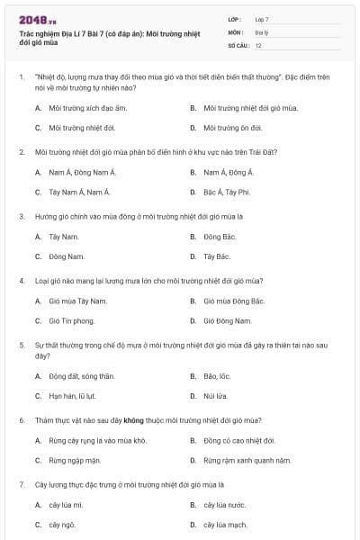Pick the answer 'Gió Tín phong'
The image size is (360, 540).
click(x=72, y=320)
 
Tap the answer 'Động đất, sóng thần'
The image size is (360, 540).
click(x=81, y=375)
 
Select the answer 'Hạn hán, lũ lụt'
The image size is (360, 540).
click(x=74, y=395)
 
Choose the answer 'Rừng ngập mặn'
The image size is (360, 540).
click(x=74, y=460)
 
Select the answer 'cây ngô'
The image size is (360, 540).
click(x=63, y=525)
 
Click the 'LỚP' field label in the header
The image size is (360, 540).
click(x=236, y=18)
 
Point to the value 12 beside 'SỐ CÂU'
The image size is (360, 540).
click(x=258, y=45)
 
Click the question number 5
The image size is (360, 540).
click(x=21, y=345)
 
